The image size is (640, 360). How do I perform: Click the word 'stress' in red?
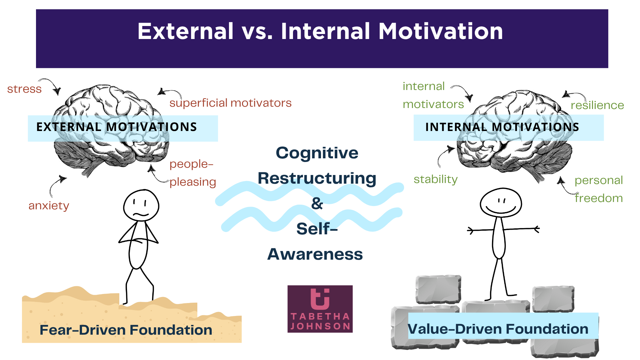[x=24, y=89]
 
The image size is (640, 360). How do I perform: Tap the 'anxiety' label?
[x=49, y=206]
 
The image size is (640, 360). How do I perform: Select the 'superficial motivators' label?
[x=230, y=103]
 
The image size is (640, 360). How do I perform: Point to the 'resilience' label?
[x=597, y=105]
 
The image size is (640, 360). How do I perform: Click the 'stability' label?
[x=435, y=179]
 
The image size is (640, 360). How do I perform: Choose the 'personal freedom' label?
[x=599, y=189]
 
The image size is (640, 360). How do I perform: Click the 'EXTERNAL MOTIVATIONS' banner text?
[x=117, y=127]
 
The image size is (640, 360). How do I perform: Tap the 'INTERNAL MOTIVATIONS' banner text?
[x=502, y=127]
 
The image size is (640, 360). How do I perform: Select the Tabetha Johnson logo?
[x=320, y=309]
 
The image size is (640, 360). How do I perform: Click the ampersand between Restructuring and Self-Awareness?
[x=317, y=203]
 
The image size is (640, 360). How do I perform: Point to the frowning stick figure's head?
[x=141, y=205]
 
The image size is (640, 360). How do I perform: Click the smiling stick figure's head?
[x=501, y=203]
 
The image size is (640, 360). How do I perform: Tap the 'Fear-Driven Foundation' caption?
[x=126, y=330]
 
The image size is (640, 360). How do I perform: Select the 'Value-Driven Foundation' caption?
[x=498, y=329]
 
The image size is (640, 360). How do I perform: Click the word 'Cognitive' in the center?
[x=317, y=153]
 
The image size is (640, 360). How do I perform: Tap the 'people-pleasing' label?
[x=193, y=173]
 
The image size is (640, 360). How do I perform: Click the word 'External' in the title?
[x=185, y=31]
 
